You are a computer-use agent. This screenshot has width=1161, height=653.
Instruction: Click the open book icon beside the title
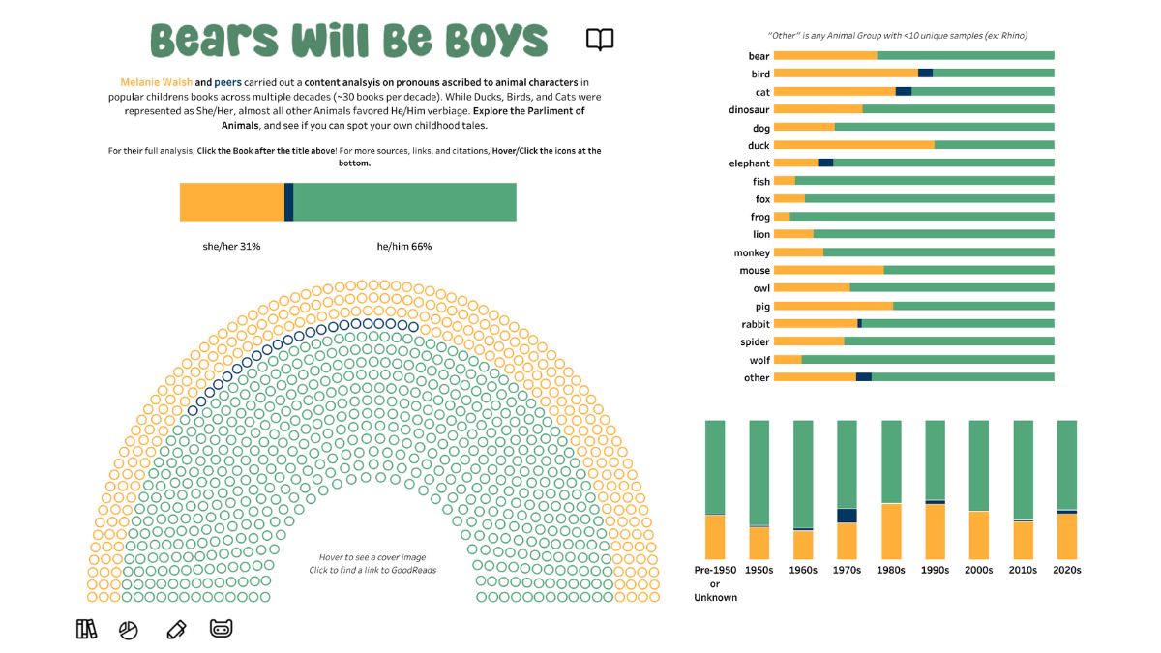600,40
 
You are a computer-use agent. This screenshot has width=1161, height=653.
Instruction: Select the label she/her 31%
231,247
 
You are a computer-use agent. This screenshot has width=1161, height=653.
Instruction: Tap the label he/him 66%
404,247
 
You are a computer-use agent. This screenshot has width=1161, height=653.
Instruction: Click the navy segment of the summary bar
288,201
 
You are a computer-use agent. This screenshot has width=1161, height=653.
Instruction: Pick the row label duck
759,145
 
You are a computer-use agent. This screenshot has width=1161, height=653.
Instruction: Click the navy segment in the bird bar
925,74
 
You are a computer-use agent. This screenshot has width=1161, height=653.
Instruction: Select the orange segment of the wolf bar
788,360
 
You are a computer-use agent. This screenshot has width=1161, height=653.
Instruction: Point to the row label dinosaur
749,109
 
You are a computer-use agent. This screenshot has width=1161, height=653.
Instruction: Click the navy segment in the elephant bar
825,163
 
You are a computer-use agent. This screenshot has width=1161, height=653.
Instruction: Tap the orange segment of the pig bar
833,306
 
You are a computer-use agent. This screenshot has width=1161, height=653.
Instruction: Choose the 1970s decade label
848,570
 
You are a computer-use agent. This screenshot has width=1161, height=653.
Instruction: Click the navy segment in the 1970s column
848,516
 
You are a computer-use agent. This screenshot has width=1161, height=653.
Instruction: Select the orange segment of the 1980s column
891,531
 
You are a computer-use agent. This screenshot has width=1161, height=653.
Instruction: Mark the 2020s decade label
1066,570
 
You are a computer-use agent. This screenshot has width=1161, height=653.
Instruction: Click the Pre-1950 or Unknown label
715,583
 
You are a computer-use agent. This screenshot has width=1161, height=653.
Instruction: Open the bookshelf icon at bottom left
86,630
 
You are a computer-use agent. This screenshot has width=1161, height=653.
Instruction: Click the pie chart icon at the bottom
129,631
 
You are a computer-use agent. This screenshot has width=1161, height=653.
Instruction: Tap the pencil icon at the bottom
175,630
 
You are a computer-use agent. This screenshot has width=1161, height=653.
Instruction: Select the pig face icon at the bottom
222,629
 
